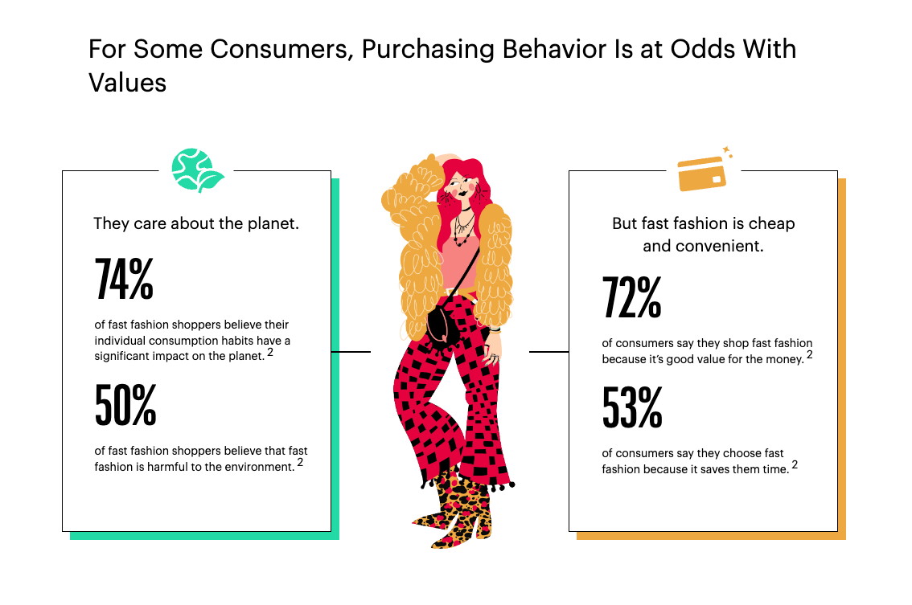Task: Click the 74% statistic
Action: click(x=124, y=279)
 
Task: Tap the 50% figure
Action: click(x=125, y=405)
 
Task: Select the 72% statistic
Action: click(x=631, y=297)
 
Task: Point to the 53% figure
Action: click(x=632, y=407)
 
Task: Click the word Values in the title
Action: click(x=127, y=83)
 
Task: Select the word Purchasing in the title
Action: click(x=428, y=50)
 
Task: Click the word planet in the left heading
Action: click(x=273, y=223)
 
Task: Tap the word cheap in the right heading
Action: click(x=771, y=224)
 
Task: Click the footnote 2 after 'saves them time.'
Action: click(x=795, y=465)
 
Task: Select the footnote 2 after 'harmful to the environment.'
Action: click(x=300, y=463)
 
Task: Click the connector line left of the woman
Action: click(x=351, y=352)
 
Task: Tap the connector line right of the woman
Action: click(x=548, y=352)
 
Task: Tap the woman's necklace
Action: click(x=463, y=228)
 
